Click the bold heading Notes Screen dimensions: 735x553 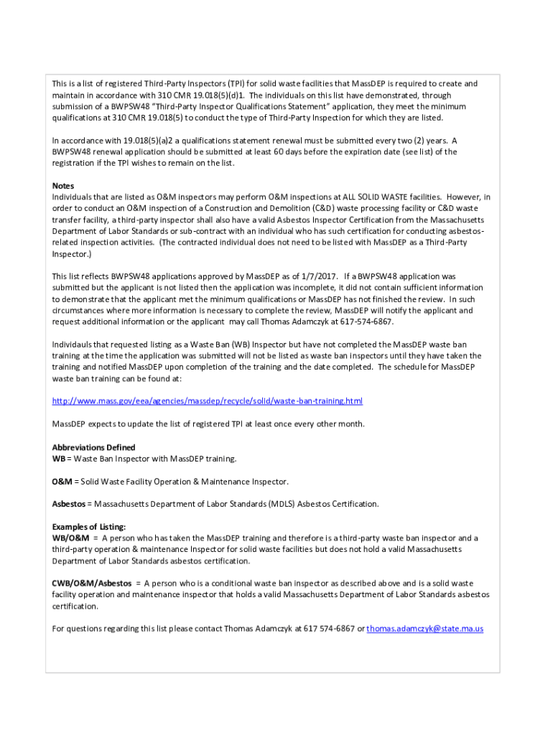click(63, 186)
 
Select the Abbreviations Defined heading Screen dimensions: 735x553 click(93, 447)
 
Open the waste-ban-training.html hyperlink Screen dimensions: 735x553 click(208, 401)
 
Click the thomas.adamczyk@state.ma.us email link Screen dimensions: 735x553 click(425, 629)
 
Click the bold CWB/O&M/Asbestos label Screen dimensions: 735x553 click(92, 584)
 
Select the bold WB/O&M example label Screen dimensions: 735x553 click(70, 538)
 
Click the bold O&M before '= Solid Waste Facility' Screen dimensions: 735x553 click(61, 481)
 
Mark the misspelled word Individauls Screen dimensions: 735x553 click(75, 345)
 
